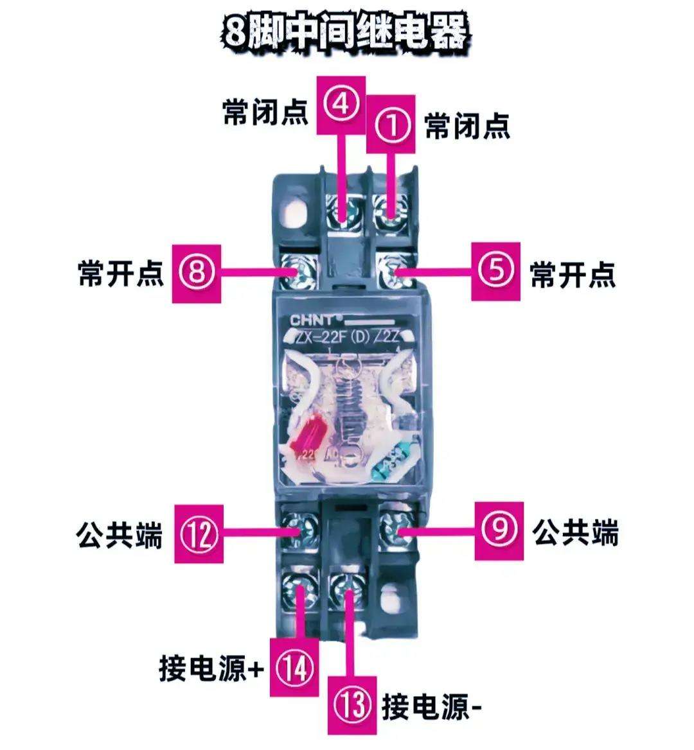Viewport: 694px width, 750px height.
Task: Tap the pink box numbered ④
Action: (341, 104)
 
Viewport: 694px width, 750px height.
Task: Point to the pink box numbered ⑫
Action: (199, 533)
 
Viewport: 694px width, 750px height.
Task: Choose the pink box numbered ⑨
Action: (499, 530)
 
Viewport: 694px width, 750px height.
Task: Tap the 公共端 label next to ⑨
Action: (575, 532)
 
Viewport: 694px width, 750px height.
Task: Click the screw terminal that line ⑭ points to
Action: (299, 586)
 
